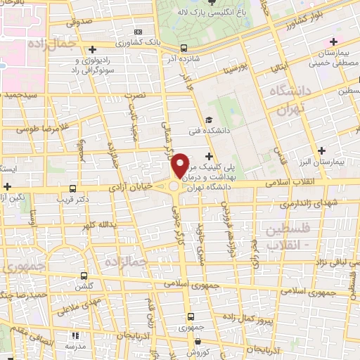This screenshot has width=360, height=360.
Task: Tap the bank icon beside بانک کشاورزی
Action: [138, 32]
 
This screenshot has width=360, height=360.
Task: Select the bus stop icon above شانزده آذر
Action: [184, 49]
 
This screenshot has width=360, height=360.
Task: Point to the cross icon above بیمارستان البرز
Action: [321, 150]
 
